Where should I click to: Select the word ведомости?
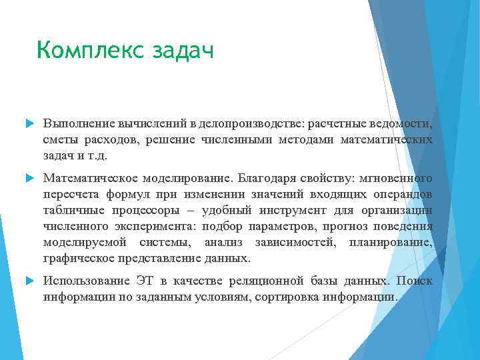tap(402, 125)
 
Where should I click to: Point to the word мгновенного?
tap(396, 178)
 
